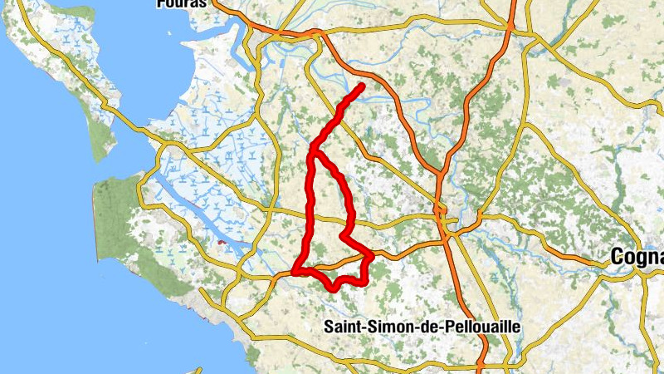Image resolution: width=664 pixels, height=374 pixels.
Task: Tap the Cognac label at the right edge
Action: tap(637, 258)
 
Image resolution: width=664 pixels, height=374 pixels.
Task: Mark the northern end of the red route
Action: tap(363, 86)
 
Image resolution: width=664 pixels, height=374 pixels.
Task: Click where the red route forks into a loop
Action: tap(313, 153)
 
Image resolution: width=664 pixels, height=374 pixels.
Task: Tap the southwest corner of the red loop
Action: tap(295, 272)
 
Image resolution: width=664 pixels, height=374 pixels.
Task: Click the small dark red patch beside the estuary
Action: tap(221, 242)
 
